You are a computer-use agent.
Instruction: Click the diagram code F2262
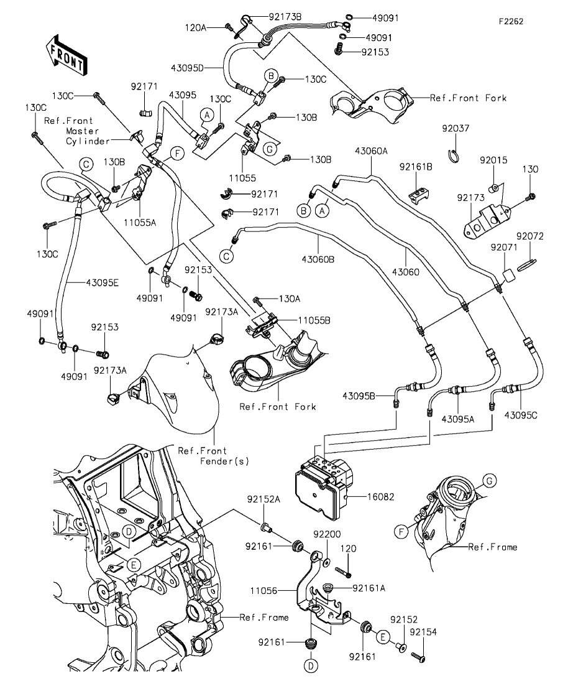coord(510,21)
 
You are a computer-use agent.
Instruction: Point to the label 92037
coord(456,129)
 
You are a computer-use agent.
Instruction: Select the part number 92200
coord(327,534)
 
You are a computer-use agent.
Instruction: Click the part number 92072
coord(529,236)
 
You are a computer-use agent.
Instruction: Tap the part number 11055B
coord(314,320)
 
